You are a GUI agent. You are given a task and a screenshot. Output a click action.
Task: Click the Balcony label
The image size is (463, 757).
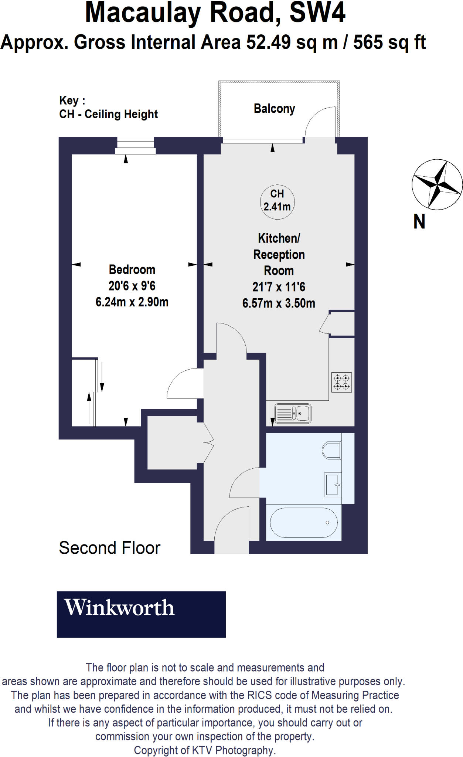point(274,109)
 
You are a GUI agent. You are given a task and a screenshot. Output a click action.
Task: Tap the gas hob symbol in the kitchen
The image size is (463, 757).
point(341,382)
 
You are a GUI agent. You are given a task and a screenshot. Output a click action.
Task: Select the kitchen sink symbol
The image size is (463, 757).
point(293,413)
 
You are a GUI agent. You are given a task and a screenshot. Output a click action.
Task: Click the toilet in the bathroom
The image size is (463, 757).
point(331,450)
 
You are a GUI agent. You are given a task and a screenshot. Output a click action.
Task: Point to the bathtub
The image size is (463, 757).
point(303,523)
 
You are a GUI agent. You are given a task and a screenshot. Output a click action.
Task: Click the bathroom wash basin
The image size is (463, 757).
point(333,485)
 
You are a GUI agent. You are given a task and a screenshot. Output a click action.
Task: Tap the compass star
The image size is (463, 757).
point(437,184)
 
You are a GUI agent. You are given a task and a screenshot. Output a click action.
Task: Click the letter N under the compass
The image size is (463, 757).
point(419,222)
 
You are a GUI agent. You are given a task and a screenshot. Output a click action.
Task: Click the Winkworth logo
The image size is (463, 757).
point(141,614)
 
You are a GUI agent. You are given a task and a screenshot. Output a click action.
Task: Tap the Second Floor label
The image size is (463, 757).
point(109,548)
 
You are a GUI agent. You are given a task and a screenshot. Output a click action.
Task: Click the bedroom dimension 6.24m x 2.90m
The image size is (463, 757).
point(132,302)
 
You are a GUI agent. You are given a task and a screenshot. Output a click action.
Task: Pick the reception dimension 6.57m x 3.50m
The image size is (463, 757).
point(279,303)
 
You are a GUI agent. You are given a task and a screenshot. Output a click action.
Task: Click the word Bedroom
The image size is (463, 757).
point(132,269)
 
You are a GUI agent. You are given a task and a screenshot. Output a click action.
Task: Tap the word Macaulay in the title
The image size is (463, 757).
point(142,13)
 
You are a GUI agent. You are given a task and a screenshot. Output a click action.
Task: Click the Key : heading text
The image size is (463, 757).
point(72,101)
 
